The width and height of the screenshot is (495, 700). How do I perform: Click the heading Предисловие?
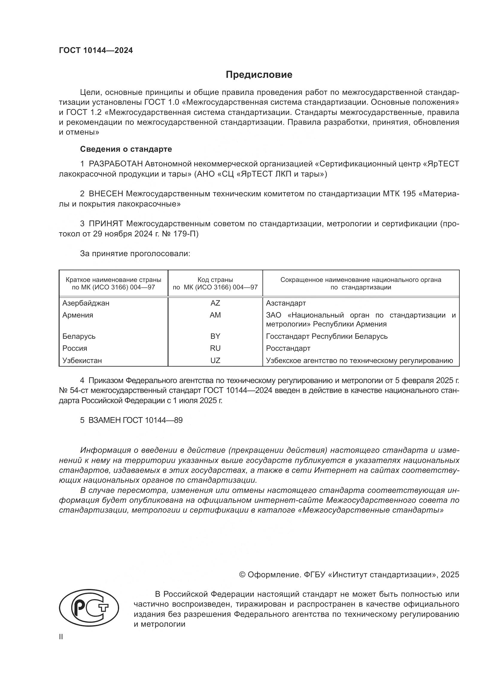259,75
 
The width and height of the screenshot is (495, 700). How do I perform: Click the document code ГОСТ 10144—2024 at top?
96,50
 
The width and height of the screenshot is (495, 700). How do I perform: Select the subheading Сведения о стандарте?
126,149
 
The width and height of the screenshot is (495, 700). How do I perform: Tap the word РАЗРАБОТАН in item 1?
116,164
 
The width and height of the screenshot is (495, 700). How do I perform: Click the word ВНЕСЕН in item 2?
106,194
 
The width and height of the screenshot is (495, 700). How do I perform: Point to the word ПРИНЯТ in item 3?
106,224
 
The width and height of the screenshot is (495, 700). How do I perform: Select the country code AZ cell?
215,303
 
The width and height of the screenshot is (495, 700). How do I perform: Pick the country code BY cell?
215,336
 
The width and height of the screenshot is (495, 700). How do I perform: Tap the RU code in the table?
215,348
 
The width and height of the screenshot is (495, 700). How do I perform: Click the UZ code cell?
215,360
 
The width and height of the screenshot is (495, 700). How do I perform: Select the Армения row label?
78,315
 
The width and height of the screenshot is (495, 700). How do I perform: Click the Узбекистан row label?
82,360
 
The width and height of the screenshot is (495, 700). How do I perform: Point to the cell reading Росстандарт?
288,348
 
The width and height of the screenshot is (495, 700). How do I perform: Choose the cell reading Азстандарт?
286,303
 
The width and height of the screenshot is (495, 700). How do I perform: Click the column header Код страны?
215,280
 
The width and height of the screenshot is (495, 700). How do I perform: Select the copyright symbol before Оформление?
242,575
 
